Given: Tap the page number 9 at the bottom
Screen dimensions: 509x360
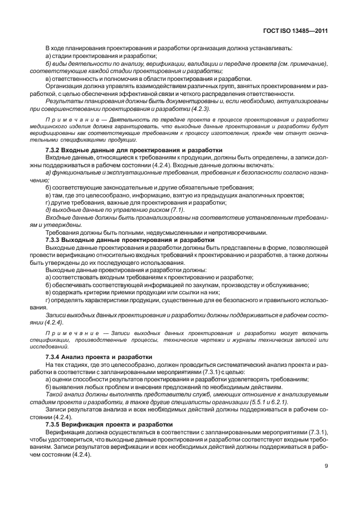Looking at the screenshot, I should (x=324, y=483).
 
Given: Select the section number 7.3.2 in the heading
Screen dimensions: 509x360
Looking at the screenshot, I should (x=54, y=150).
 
